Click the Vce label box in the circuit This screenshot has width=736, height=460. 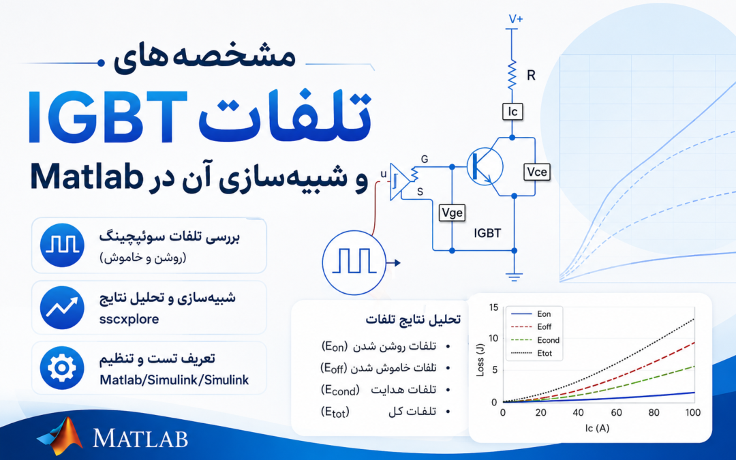pyautogui.click(x=536, y=172)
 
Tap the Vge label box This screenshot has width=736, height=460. pyautogui.click(x=452, y=213)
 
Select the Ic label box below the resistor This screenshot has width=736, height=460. pyautogui.click(x=512, y=112)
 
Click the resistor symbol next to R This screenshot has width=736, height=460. pyautogui.click(x=512, y=74)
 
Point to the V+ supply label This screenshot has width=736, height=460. pyautogui.click(x=516, y=19)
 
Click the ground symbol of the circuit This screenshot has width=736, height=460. pyautogui.click(x=515, y=277)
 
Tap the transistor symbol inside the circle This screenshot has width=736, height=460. pyautogui.click(x=485, y=167)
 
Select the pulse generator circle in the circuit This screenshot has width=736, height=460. pyautogui.click(x=354, y=263)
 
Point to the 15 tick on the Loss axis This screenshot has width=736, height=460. pyautogui.click(x=493, y=307)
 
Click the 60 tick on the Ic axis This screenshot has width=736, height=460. pyautogui.click(x=616, y=412)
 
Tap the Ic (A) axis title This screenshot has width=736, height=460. pyautogui.click(x=597, y=428)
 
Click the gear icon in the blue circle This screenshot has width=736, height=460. pyautogui.click(x=62, y=368)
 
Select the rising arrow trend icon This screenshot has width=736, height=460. pyautogui.click(x=62, y=307)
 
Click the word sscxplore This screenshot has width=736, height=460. pyautogui.click(x=129, y=319)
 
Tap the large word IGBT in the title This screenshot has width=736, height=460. pyautogui.click(x=108, y=117)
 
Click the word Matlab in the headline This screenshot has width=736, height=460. pyautogui.click(x=87, y=177)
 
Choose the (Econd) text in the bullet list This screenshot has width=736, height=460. pyautogui.click(x=340, y=390)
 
